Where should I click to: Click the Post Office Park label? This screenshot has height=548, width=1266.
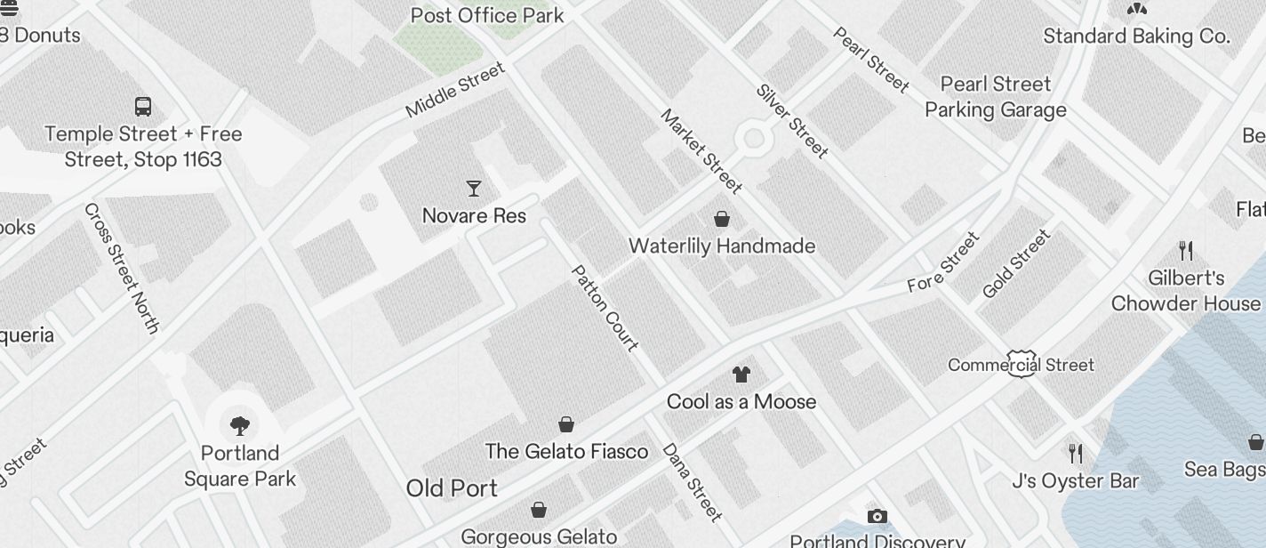[x=487, y=15]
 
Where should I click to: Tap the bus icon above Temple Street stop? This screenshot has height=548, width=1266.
[x=143, y=106]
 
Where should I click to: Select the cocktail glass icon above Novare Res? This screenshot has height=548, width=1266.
[x=474, y=188]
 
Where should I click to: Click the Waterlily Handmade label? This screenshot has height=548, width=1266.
[x=722, y=246]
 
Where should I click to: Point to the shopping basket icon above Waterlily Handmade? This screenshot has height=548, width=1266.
[x=722, y=218]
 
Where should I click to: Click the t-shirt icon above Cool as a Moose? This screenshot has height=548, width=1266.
[x=741, y=374]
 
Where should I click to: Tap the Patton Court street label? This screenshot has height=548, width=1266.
[x=605, y=308]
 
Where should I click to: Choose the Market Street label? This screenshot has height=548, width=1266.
[x=701, y=151]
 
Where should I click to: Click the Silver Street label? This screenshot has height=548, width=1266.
[x=792, y=121]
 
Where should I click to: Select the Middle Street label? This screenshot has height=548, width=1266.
[x=454, y=90]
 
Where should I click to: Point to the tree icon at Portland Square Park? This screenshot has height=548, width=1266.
[x=239, y=424]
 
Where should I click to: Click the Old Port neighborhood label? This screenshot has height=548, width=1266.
[x=452, y=488]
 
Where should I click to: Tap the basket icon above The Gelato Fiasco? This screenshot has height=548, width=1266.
[x=566, y=424]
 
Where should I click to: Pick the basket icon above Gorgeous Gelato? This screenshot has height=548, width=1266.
[x=539, y=510]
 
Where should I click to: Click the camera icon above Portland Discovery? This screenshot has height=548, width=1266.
[x=877, y=516]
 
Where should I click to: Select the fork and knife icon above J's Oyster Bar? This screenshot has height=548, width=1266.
[x=1076, y=454]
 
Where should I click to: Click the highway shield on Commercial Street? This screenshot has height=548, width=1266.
[x=1022, y=363]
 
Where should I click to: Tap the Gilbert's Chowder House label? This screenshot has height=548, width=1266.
[x=1186, y=291]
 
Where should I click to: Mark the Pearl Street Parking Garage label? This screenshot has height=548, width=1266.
[x=996, y=97]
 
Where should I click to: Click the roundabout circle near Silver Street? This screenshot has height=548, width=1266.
[x=754, y=138]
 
